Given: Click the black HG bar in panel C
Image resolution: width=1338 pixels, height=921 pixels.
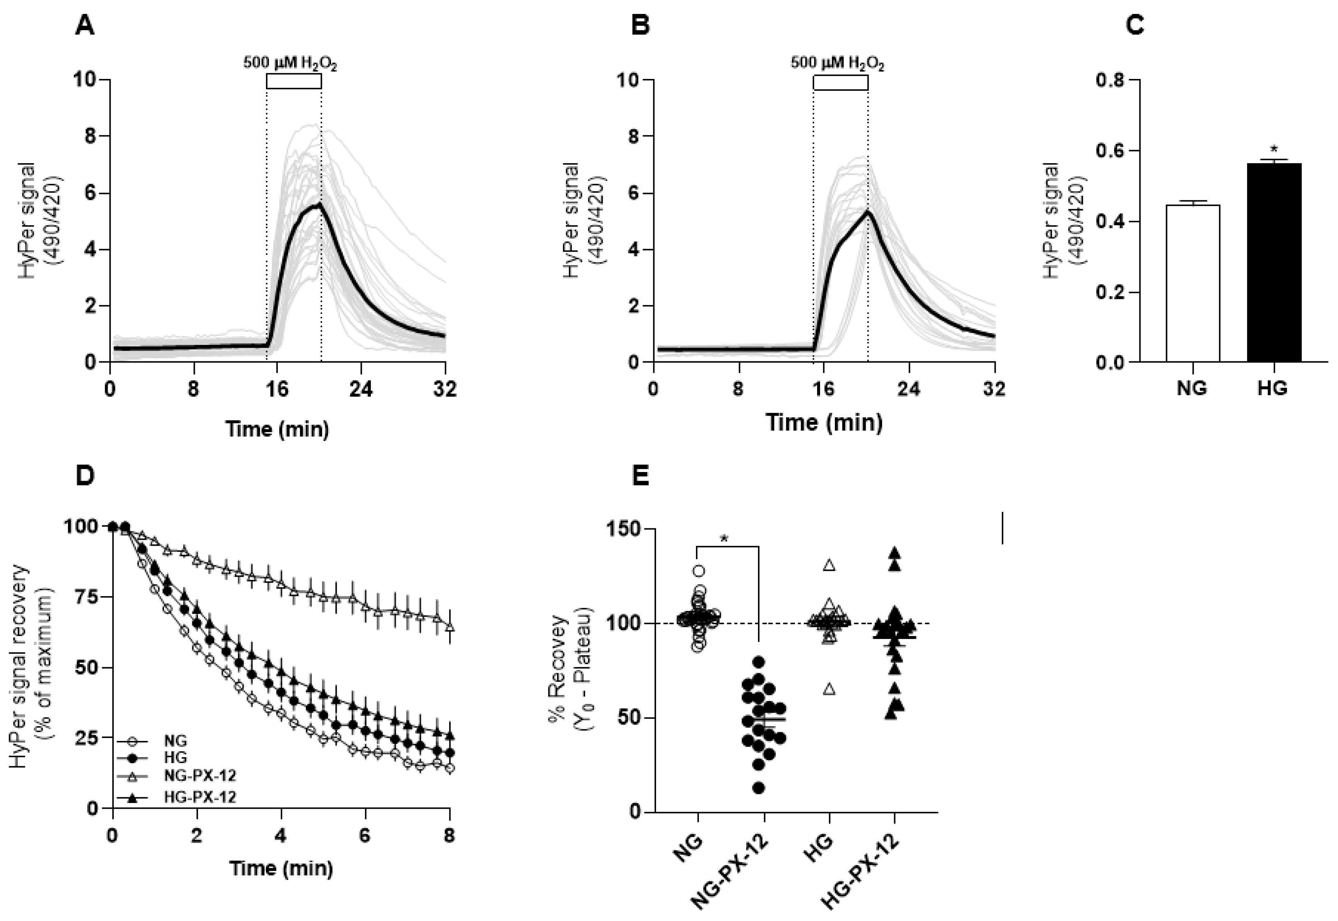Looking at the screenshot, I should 1273,263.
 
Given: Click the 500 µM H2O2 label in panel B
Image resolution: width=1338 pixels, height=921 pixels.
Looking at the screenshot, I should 837,62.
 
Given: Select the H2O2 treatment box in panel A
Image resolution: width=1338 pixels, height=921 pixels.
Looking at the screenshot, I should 293,81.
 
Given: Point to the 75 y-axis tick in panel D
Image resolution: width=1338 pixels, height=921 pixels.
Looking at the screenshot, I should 87,597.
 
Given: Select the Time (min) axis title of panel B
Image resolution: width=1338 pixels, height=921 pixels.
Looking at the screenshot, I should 824,422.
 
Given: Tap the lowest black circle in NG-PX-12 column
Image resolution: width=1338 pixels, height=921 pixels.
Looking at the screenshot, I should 759,788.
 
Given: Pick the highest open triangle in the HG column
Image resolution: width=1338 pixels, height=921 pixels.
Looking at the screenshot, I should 829,565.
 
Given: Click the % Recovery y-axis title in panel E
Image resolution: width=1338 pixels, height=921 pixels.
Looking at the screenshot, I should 568,669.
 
